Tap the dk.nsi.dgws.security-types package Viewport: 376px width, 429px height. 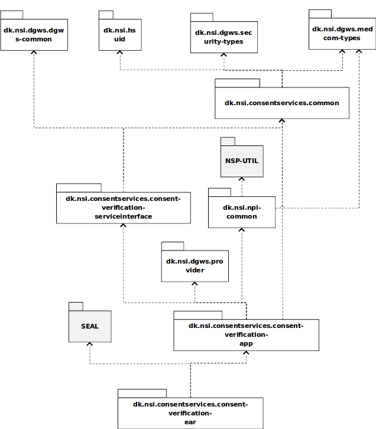coord(223,37)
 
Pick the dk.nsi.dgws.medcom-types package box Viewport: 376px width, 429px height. coord(342,34)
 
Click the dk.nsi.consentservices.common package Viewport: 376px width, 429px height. coord(281,103)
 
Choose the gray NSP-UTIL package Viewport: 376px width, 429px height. coord(241,161)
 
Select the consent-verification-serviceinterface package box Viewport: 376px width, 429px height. coord(123,207)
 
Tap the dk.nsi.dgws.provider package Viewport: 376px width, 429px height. coord(193,265)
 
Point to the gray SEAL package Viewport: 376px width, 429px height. coord(90,326)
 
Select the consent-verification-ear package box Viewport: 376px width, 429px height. coord(190,412)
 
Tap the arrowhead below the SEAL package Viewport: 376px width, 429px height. coord(89,346)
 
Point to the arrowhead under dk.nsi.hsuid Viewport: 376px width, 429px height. coord(120,54)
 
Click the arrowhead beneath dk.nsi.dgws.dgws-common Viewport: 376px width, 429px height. coord(34,54)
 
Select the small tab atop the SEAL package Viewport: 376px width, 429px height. coord(75,306)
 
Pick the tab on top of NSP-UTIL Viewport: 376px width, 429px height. coord(228,141)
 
